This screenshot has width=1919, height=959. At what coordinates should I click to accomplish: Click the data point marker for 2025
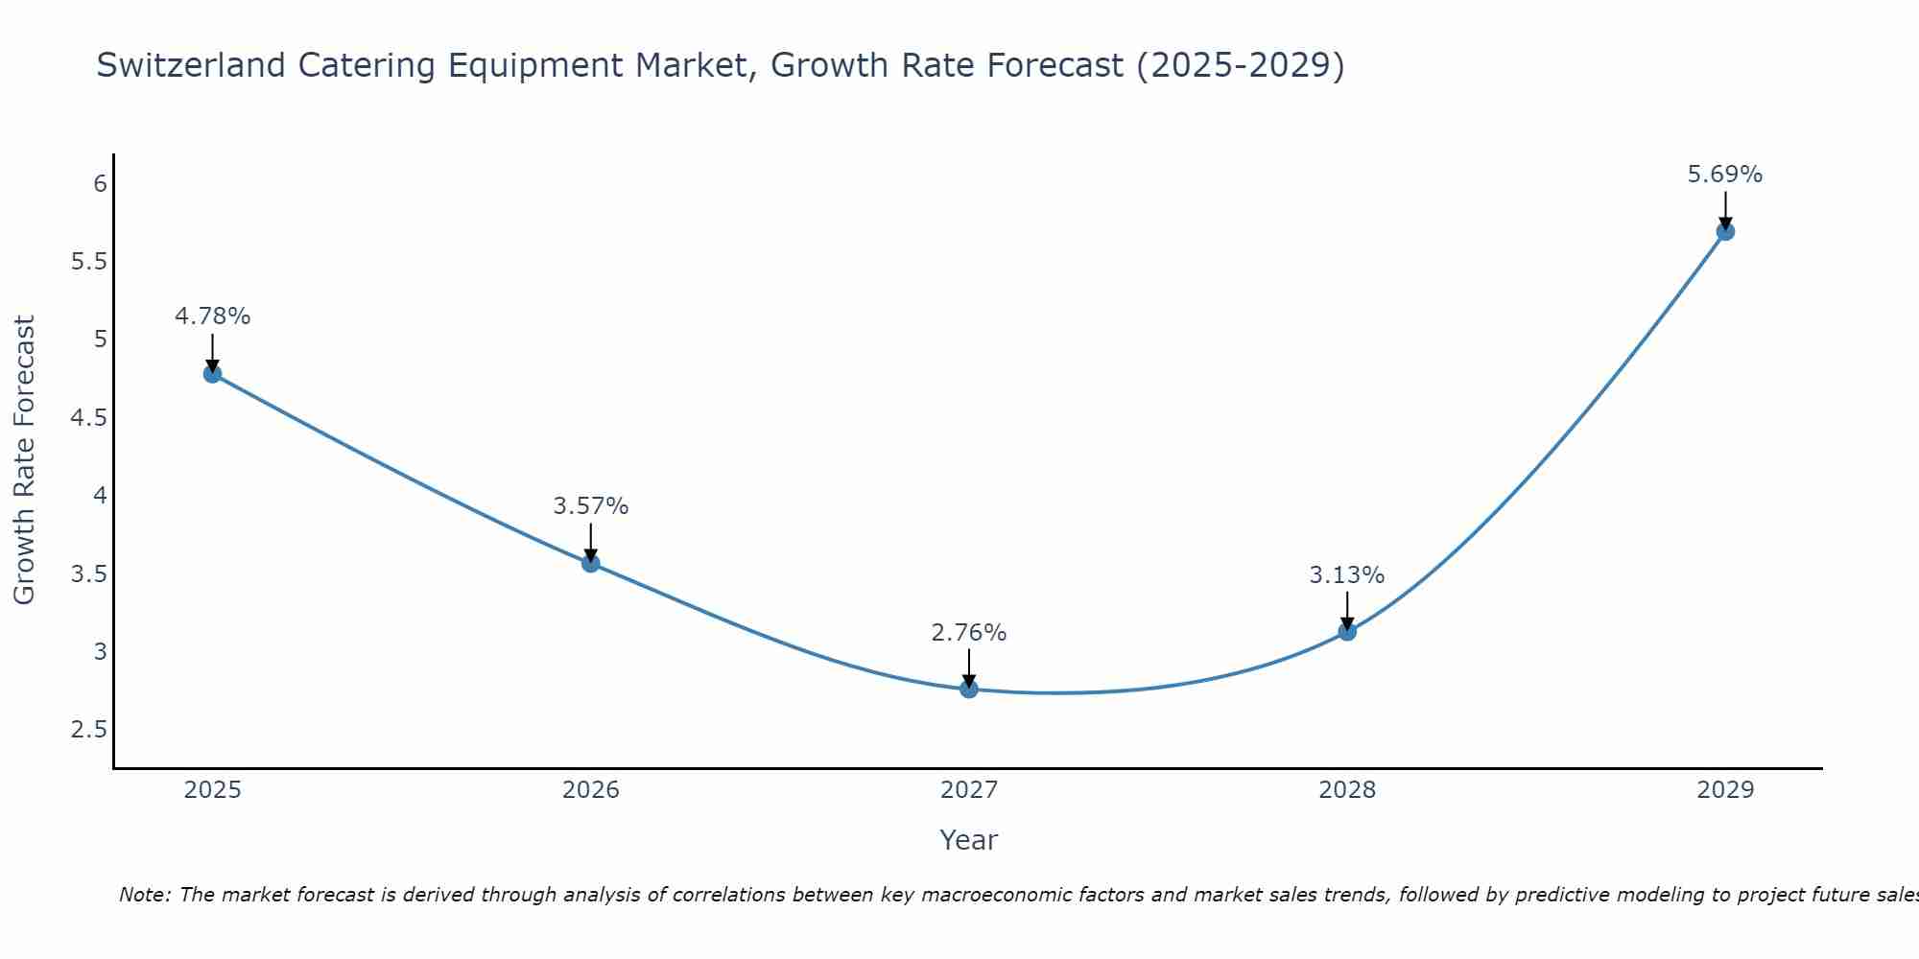coord(213,374)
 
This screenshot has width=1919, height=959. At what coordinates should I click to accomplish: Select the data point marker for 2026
coord(591,563)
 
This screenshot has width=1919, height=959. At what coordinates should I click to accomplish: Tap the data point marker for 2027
coord(969,690)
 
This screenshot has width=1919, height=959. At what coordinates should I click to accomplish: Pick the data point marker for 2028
coord(1347,632)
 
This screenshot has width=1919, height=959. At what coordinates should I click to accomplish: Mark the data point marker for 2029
coord(1725,232)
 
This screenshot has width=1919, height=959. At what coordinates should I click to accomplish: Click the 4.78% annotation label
coord(213,316)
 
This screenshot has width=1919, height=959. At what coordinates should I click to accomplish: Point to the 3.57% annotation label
coord(591,506)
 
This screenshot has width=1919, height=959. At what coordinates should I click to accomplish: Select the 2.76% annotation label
coord(969,633)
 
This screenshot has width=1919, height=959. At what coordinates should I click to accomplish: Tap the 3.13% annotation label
coord(1347,575)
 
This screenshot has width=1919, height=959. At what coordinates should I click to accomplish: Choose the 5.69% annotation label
coord(1725,175)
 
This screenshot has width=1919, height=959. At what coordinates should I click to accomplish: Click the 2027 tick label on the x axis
coord(969,790)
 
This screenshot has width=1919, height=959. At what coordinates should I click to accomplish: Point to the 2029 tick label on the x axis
coord(1725,790)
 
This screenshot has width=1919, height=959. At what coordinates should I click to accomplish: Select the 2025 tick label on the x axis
coord(213,790)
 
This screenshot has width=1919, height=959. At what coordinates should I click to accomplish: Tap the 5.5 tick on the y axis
coord(89,262)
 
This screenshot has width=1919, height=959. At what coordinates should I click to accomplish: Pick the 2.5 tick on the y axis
coord(89,731)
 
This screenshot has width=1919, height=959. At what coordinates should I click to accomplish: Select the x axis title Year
coord(969,840)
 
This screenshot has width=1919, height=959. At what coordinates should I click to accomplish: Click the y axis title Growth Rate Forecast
coord(25,460)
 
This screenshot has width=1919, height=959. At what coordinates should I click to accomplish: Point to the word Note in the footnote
coord(144,895)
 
